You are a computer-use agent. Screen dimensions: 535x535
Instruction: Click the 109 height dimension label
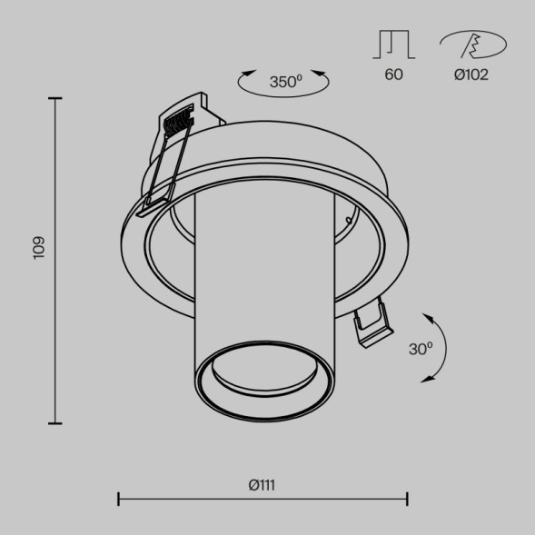point(38,248)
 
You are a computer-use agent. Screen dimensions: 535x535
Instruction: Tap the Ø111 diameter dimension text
point(262,485)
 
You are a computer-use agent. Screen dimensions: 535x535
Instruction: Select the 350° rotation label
point(285,82)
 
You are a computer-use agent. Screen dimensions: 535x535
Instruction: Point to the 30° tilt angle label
point(421,348)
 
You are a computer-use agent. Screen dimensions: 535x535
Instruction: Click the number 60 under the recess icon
point(393,74)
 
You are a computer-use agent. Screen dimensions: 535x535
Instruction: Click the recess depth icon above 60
point(393,44)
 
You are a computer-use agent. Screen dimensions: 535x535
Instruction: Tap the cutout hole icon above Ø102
point(472,44)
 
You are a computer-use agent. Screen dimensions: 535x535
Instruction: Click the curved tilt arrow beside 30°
point(440,349)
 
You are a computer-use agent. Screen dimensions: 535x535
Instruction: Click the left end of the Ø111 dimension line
point(119,499)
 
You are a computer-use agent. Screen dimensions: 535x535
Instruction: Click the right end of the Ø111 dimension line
point(407,499)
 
